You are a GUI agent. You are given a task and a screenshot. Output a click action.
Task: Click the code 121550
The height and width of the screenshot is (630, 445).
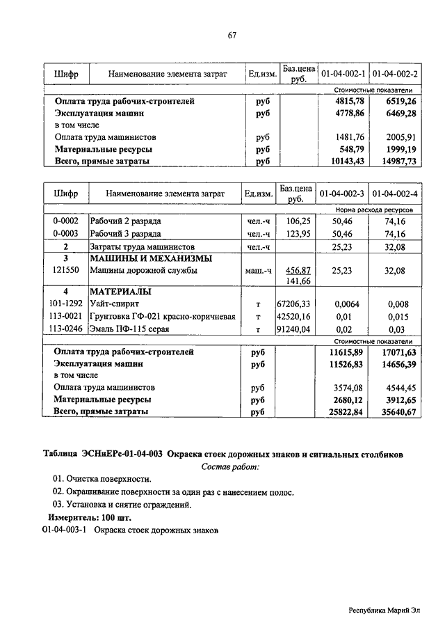click(x=65, y=270)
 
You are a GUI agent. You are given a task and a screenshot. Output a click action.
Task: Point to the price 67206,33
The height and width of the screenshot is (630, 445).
click(x=295, y=304)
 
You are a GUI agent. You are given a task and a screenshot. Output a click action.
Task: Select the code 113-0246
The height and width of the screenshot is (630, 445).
click(x=66, y=329)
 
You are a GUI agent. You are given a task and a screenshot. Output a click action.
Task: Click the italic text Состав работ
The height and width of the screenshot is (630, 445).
click(x=230, y=466)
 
